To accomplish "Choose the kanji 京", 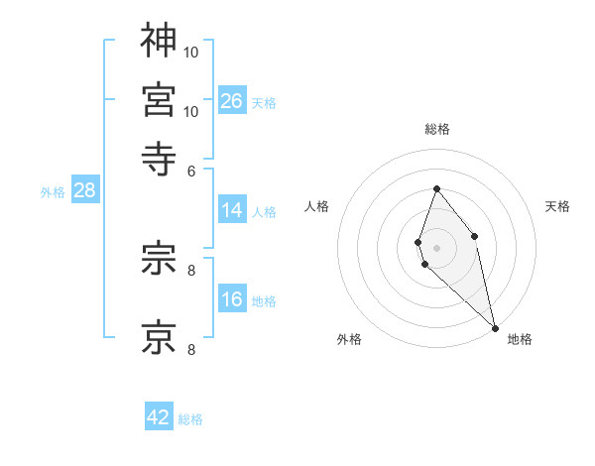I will pos(159,336).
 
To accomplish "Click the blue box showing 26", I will pos(232,100).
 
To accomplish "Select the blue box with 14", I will pos(232,210).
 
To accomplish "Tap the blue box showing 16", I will pos(232,300).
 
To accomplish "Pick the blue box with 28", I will pos(84,191).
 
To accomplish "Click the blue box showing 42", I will pos(159,417).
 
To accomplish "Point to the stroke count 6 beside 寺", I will pos(191,170).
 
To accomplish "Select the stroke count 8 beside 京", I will pos(191,348).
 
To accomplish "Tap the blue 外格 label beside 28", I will pos(52,192).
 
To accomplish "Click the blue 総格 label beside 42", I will pos(190,419).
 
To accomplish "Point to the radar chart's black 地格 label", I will pos(520,339).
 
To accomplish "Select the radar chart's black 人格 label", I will pos(317,206).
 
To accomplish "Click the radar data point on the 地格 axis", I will pos(495,327).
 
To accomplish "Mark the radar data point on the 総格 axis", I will pos(436,188).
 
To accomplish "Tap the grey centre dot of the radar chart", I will pos(436,247).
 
